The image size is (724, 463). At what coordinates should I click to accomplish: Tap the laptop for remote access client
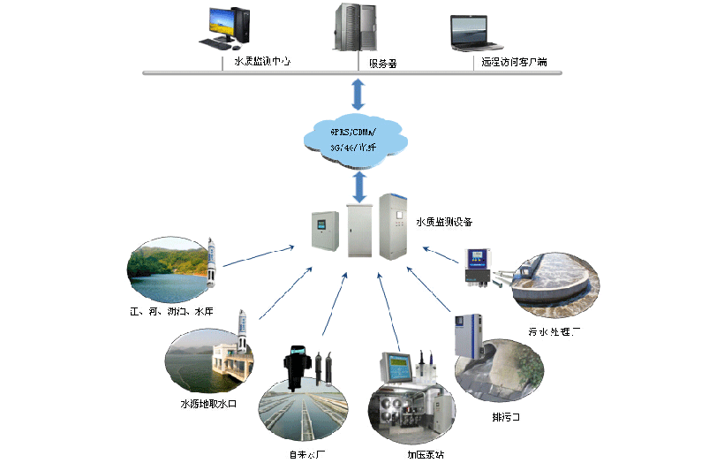click(x=477, y=34)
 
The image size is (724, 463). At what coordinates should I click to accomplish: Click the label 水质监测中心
click(x=262, y=62)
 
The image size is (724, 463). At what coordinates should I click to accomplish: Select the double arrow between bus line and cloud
click(x=358, y=93)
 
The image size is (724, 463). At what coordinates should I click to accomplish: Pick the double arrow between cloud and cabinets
click(x=358, y=186)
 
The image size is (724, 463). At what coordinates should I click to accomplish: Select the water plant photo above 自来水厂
click(x=303, y=407)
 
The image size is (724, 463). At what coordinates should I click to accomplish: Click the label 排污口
click(x=506, y=416)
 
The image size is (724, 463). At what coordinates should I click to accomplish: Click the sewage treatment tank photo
click(x=558, y=285)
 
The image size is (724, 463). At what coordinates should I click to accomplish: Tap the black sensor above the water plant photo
click(x=294, y=363)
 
